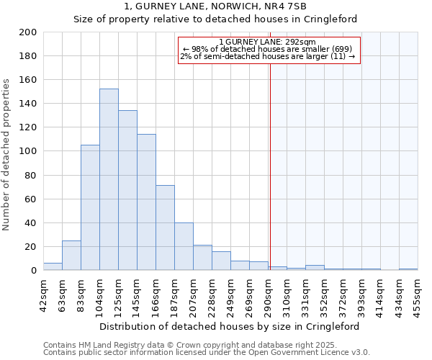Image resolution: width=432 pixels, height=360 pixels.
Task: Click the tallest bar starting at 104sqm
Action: (x=109, y=180)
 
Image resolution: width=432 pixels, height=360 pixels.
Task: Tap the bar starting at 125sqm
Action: (x=127, y=190)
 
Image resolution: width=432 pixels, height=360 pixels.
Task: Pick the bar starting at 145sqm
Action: (x=146, y=202)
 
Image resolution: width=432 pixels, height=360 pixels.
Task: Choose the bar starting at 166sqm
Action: (x=165, y=228)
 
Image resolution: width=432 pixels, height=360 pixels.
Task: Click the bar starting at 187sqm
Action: (x=184, y=246)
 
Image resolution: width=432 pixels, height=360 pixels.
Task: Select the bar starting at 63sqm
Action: (x=71, y=255)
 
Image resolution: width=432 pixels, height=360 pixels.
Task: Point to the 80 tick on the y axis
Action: (x=31, y=175)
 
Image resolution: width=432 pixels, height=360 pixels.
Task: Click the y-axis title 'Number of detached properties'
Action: (x=7, y=151)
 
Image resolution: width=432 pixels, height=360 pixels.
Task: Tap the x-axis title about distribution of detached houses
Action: (x=229, y=326)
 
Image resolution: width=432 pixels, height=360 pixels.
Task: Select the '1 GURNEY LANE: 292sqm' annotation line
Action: (x=267, y=42)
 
